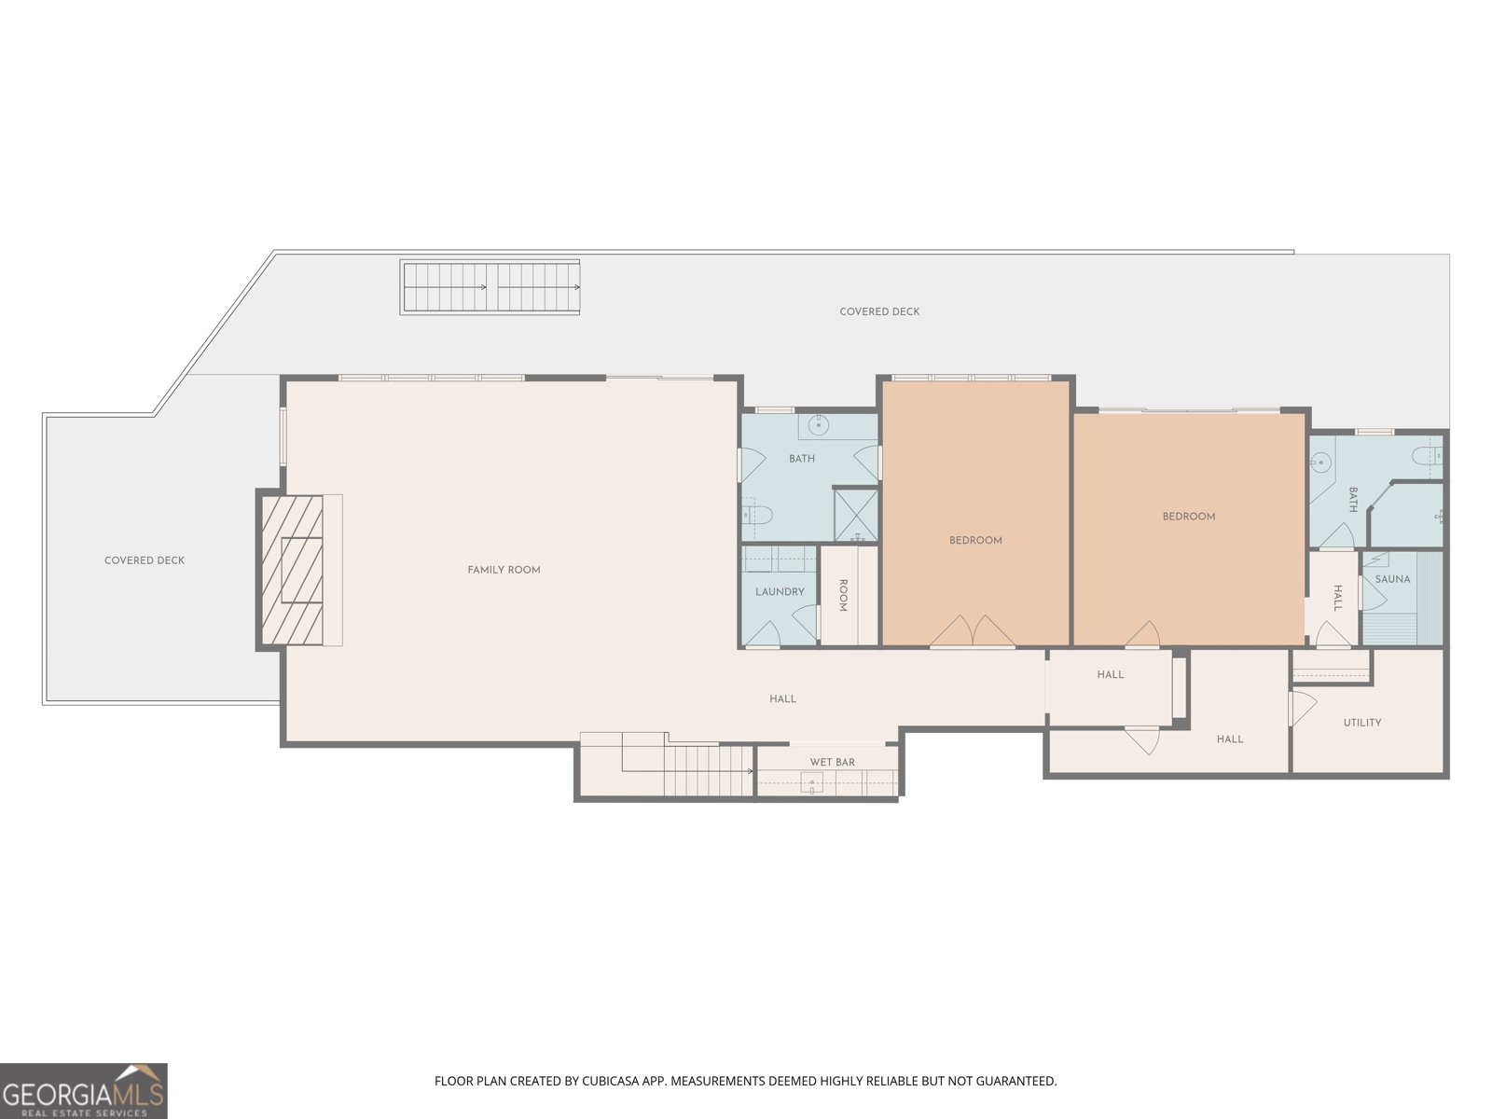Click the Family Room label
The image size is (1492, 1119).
pyautogui.click(x=504, y=570)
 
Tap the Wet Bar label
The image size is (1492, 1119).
pyautogui.click(x=832, y=762)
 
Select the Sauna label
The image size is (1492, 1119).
pyautogui.click(x=1392, y=579)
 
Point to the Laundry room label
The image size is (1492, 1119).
pyautogui.click(x=780, y=592)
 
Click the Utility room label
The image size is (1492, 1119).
pyautogui.click(x=1362, y=723)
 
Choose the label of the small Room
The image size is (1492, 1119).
pyautogui.click(x=843, y=595)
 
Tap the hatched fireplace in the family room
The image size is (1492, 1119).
pyautogui.click(x=292, y=570)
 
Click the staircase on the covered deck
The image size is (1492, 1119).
pyautogui.click(x=490, y=287)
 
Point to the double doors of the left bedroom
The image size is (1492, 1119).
pyautogui.click(x=973, y=630)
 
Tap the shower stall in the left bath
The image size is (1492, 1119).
pyautogui.click(x=856, y=515)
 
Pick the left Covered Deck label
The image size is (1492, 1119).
pyautogui.click(x=145, y=560)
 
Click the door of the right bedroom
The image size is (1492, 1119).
pyautogui.click(x=1142, y=633)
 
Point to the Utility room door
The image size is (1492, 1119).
pyautogui.click(x=1303, y=708)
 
